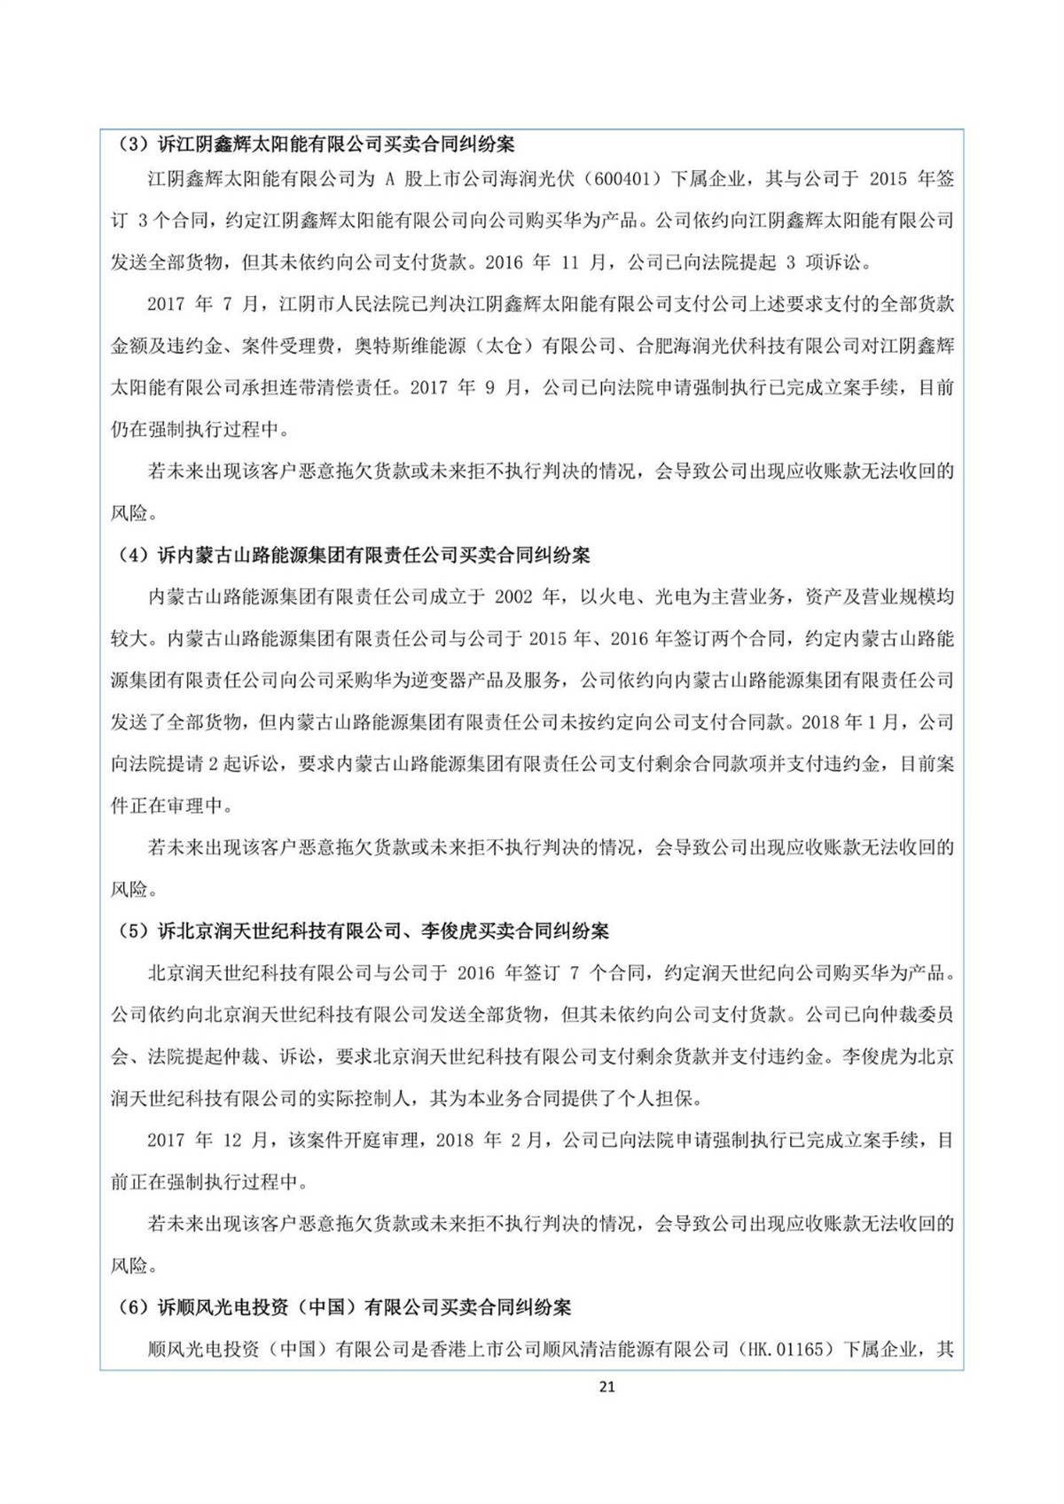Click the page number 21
click(606, 1387)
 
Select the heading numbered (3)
click(316, 144)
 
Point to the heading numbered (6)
click(344, 1307)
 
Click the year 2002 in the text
click(513, 597)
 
